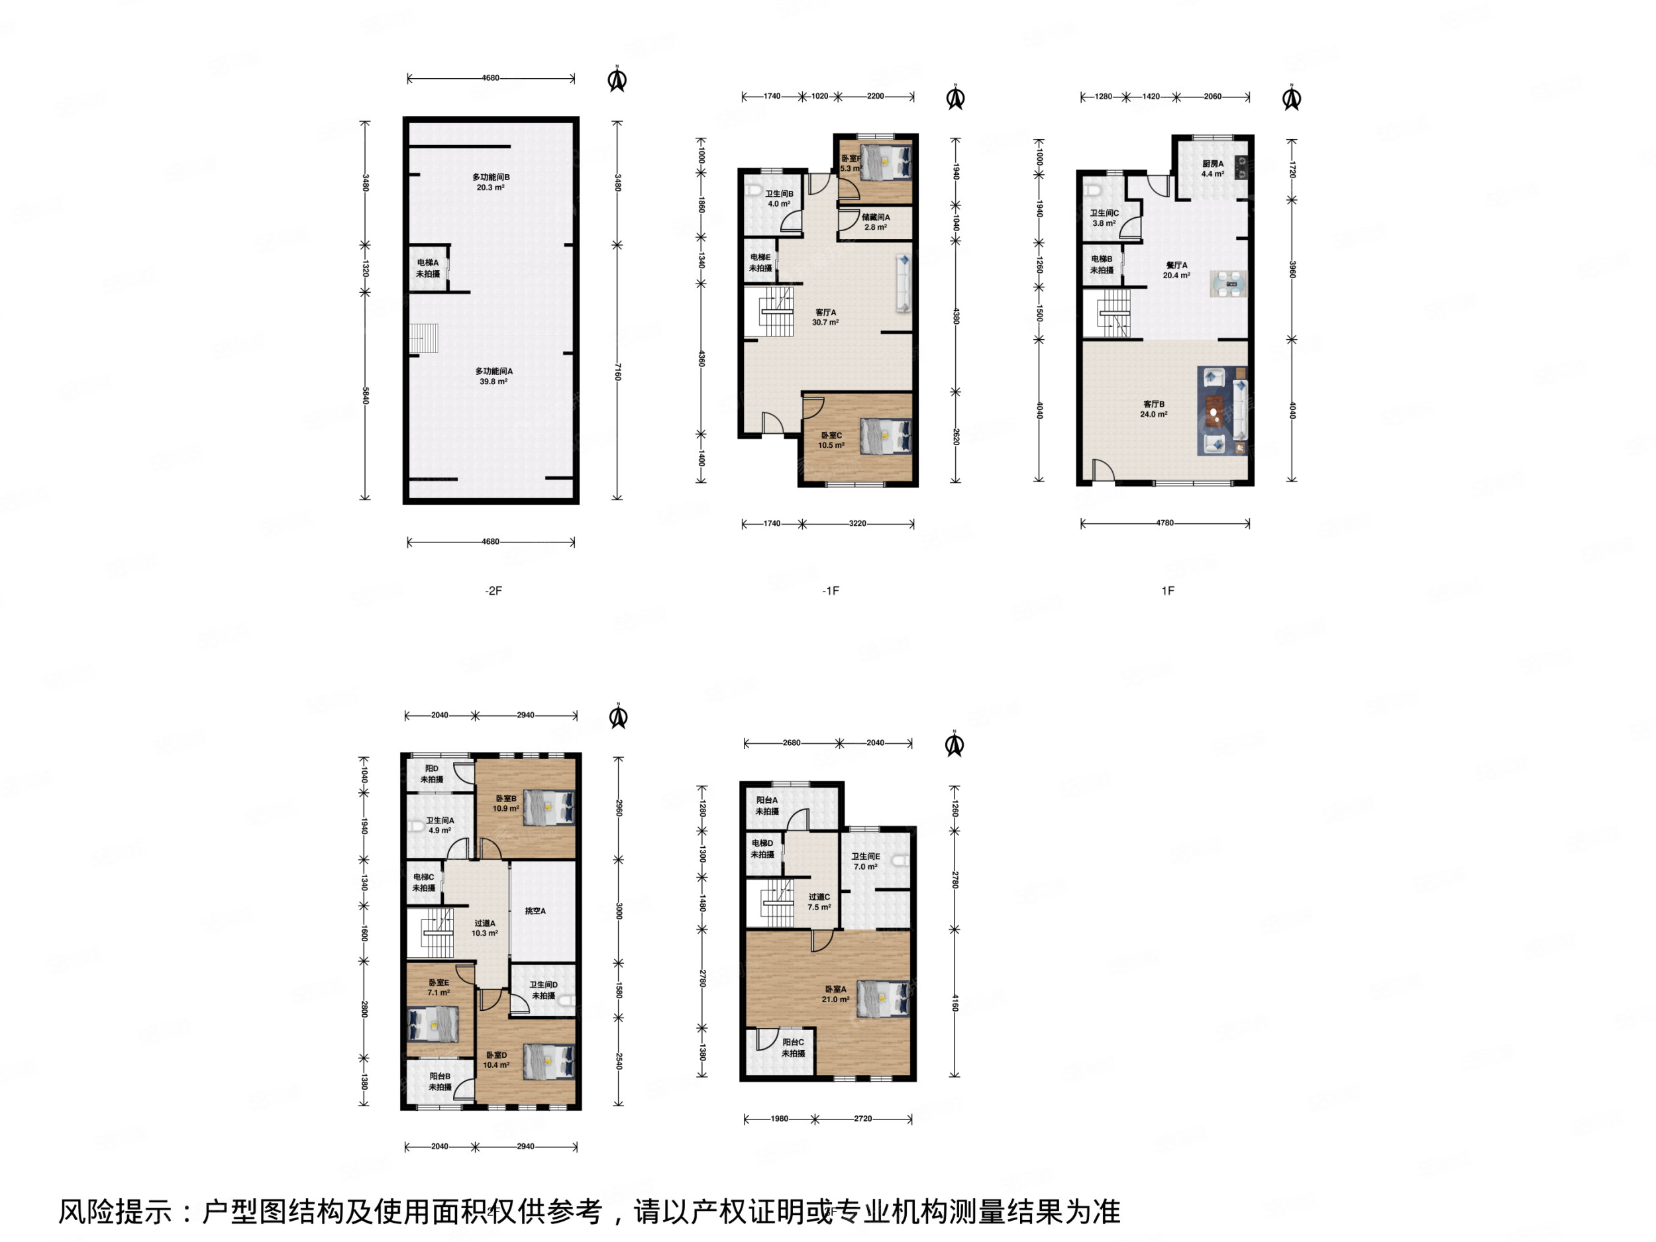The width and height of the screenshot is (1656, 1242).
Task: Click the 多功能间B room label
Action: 491,182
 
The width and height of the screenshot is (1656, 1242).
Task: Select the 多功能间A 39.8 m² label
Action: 493,376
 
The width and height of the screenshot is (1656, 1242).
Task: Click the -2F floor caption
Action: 493,591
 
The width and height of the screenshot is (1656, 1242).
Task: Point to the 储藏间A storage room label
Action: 875,222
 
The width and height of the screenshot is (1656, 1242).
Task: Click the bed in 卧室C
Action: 885,436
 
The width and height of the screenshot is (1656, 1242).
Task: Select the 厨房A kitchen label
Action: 1213,168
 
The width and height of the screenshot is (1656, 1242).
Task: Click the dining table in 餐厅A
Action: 1229,284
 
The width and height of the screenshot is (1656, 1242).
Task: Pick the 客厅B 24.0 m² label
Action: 1154,409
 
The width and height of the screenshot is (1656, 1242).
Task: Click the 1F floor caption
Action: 1167,591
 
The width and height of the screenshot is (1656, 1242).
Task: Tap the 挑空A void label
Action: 535,911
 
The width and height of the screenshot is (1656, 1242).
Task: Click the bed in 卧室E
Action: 433,1023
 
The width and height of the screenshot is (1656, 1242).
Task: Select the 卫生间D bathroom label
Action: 544,990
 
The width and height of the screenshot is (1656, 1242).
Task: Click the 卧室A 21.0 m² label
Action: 835,994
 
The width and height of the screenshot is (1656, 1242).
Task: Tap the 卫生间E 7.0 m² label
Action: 866,861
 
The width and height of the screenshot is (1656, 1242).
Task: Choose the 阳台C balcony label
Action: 793,1047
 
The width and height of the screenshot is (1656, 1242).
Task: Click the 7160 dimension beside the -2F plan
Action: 617,372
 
